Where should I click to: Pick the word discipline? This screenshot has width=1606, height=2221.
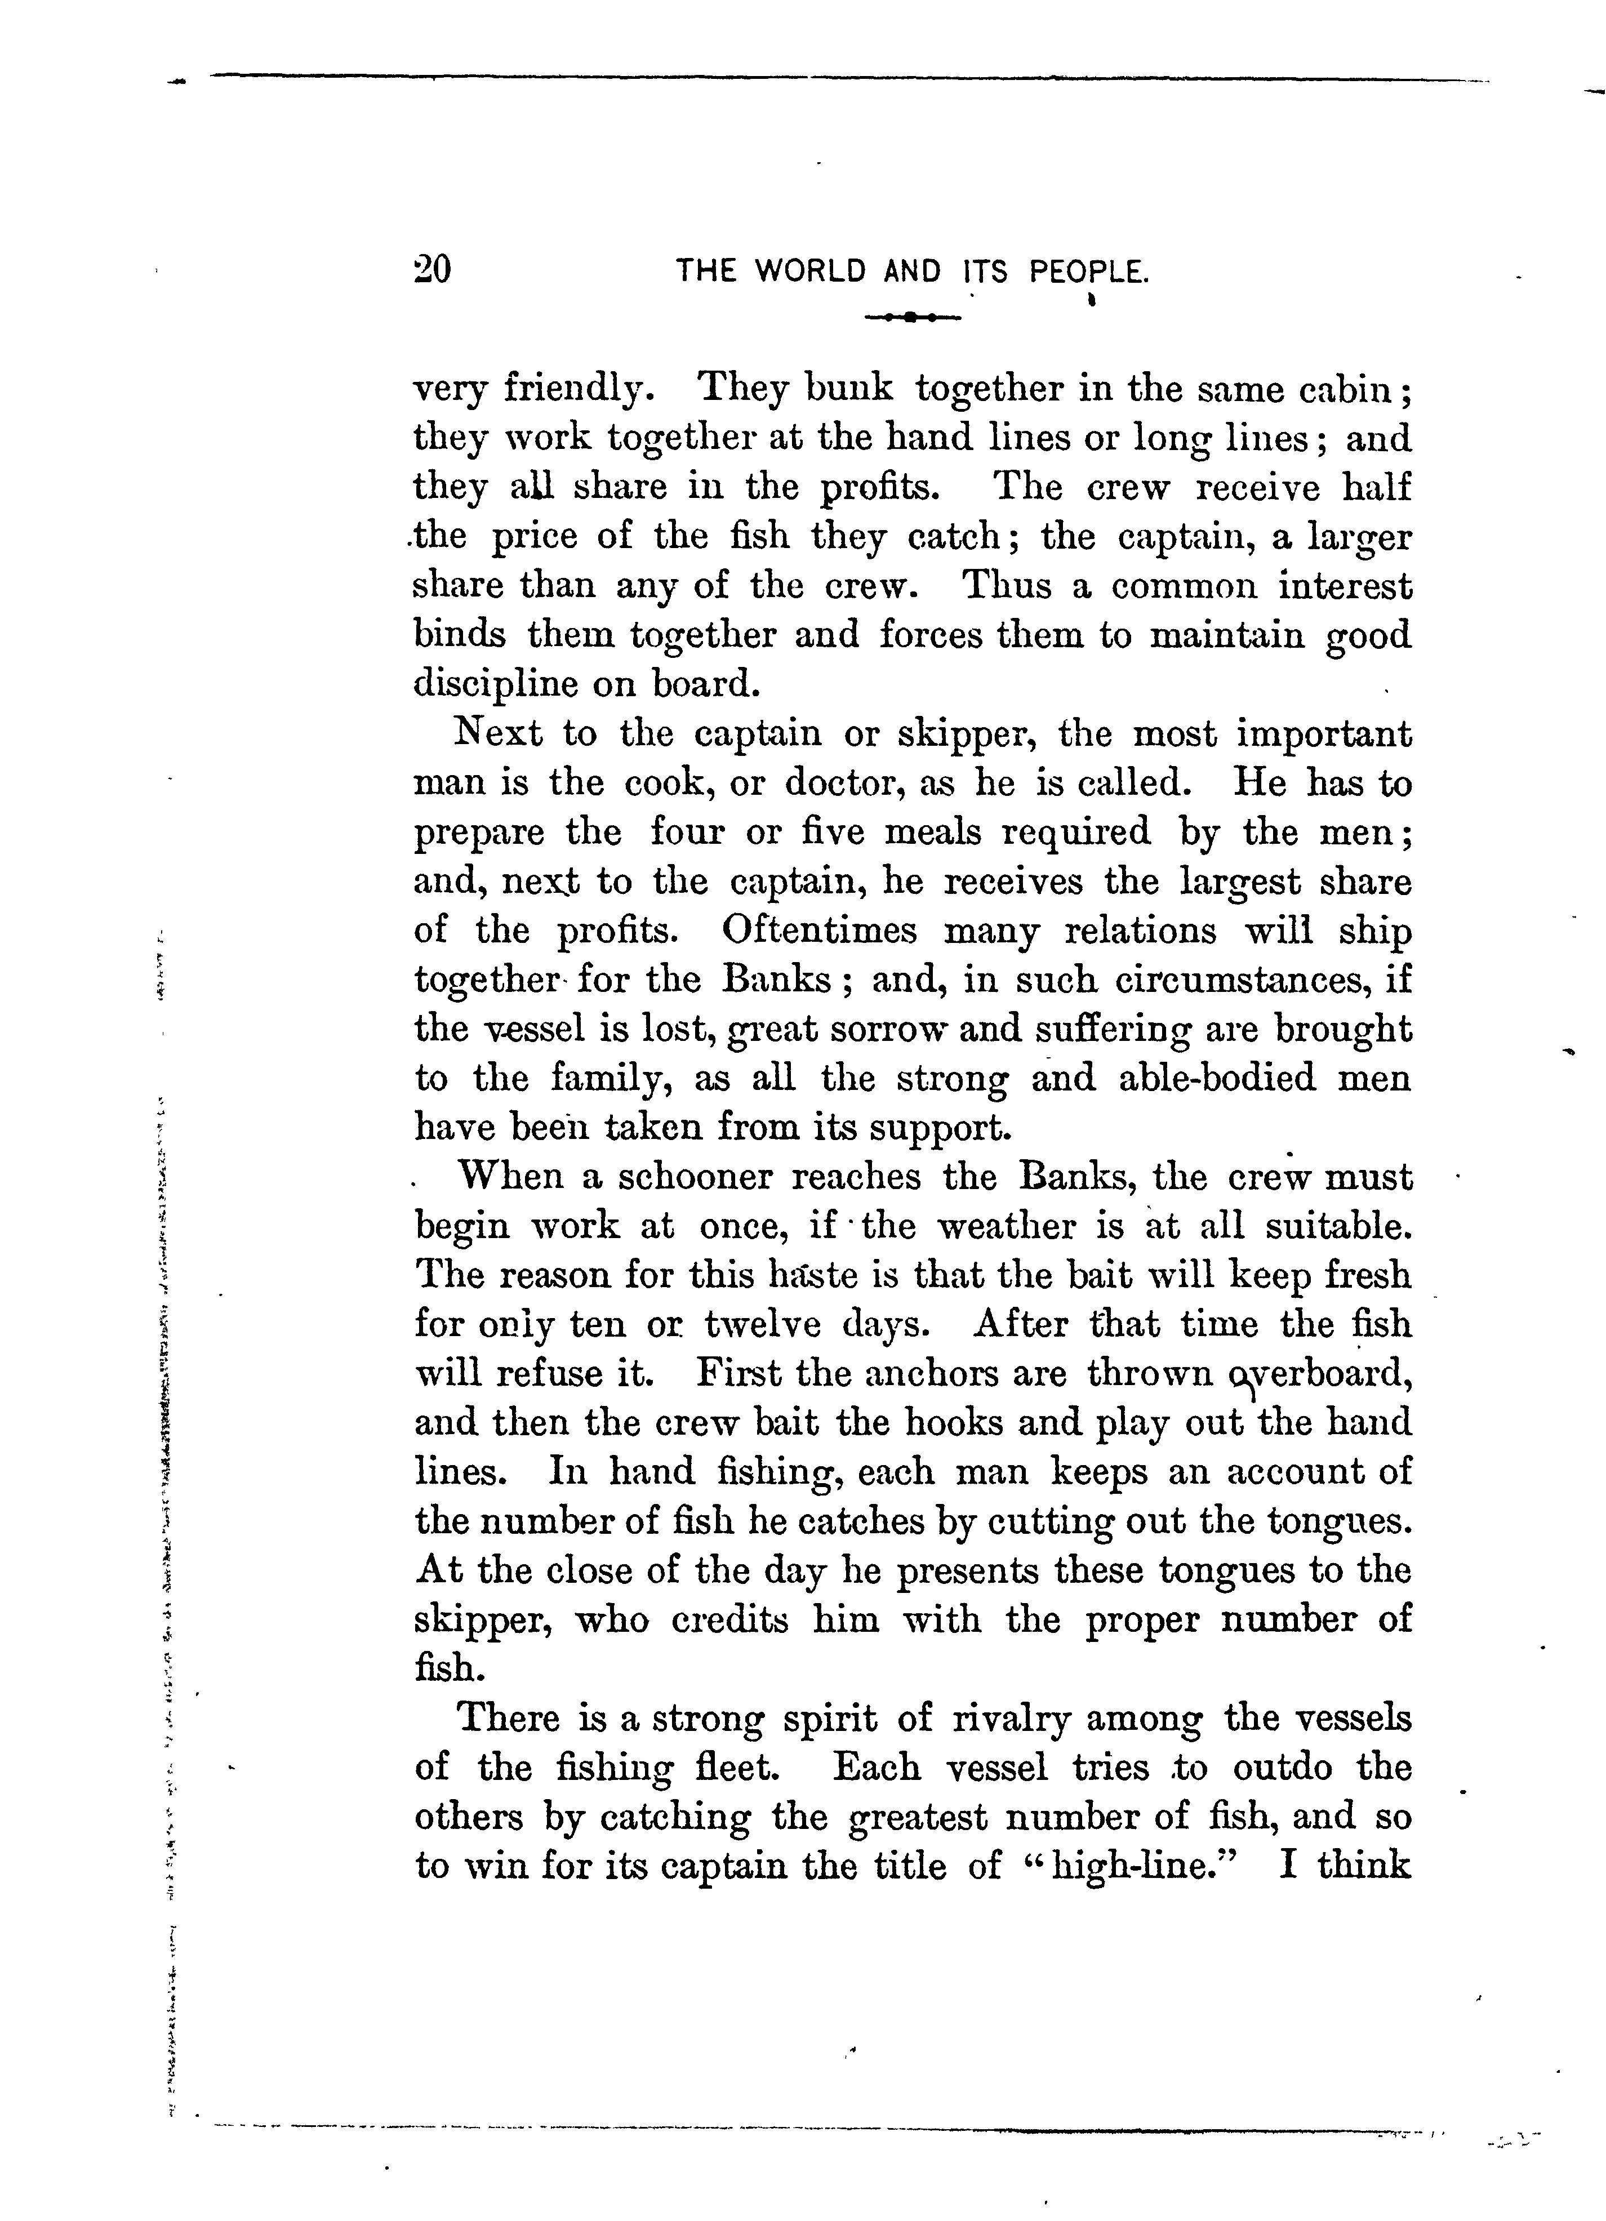[495, 683]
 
